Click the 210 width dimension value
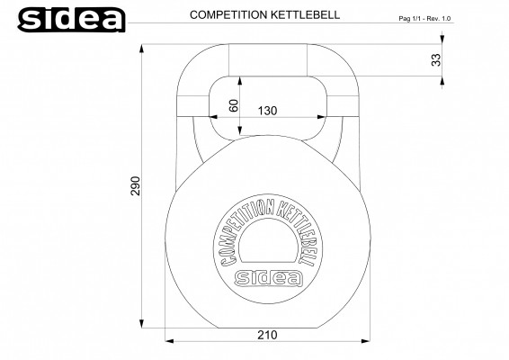(x=266, y=334)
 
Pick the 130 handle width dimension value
(x=266, y=110)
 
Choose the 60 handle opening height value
(x=234, y=105)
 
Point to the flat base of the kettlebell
(x=265, y=327)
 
